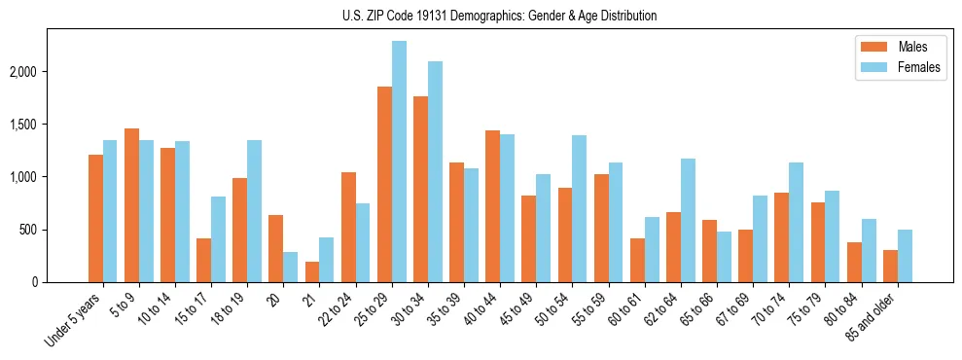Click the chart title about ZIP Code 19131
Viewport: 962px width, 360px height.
pyautogui.click(x=500, y=16)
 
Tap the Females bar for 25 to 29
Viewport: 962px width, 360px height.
pyautogui.click(x=399, y=162)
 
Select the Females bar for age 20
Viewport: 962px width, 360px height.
pyautogui.click(x=291, y=267)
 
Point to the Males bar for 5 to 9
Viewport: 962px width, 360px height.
pyautogui.click(x=131, y=205)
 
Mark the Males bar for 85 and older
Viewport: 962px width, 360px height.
pyautogui.click(x=890, y=266)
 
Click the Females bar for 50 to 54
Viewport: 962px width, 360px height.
pyautogui.click(x=580, y=208)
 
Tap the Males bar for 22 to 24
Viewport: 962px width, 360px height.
pyautogui.click(x=348, y=227)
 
